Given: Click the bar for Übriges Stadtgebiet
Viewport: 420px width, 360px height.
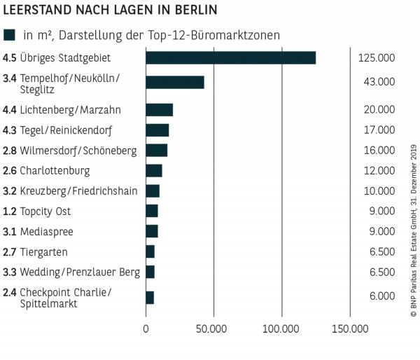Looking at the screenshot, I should [x=230, y=57].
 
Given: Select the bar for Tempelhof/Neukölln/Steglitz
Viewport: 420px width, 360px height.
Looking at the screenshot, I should [x=175, y=83].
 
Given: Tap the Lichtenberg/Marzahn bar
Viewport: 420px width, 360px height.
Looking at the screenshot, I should [x=159, y=109].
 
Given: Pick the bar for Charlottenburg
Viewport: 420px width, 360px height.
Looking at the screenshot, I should [x=154, y=170].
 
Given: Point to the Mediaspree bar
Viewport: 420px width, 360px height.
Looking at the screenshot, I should [x=152, y=231].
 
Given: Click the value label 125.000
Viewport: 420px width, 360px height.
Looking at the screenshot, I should [x=376, y=57].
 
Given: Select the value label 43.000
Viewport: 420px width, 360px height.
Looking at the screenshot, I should [x=379, y=83].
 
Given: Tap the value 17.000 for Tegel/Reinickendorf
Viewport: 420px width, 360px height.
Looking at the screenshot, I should [x=379, y=130].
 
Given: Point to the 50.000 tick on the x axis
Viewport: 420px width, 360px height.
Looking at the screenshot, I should [x=213, y=328].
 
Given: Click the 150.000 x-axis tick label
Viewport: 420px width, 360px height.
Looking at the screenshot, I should [x=349, y=328].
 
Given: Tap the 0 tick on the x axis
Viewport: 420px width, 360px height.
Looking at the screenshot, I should [x=146, y=328].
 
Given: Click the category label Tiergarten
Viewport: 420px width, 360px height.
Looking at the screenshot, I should [x=44, y=251].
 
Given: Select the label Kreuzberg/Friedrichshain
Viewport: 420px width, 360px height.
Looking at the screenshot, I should [x=78, y=191].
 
